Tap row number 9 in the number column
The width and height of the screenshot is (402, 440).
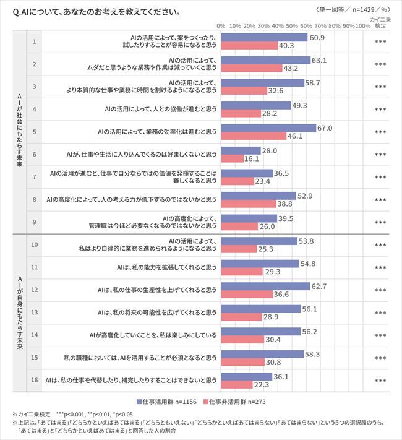[x=35, y=221]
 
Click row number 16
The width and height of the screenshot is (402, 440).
[x=35, y=380]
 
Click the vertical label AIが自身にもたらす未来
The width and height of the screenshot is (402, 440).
[x=19, y=312]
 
